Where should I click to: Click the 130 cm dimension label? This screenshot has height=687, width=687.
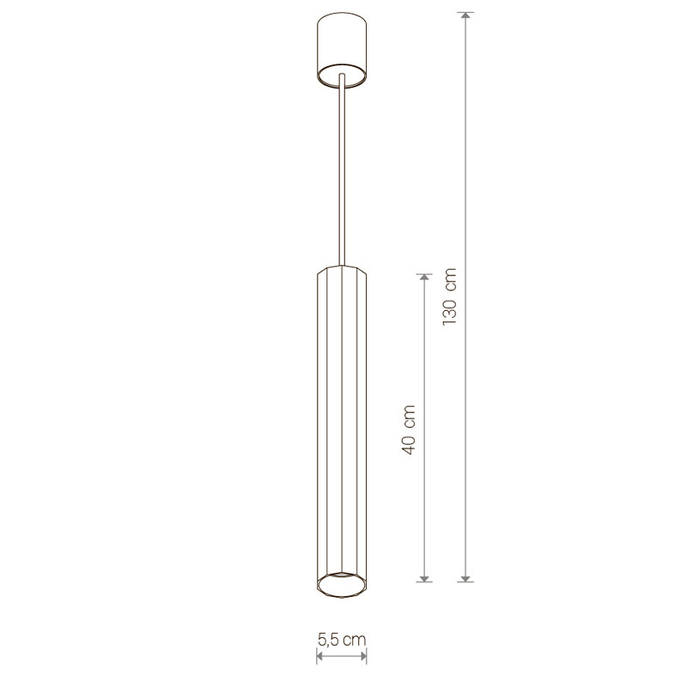(x=449, y=296)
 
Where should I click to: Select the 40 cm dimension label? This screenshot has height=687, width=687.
(x=408, y=430)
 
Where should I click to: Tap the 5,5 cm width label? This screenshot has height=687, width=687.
(x=342, y=640)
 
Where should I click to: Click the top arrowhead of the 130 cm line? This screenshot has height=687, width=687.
(x=465, y=15)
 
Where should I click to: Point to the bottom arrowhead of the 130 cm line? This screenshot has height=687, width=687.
(x=465, y=579)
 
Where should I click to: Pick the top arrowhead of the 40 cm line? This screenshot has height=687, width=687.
(x=423, y=277)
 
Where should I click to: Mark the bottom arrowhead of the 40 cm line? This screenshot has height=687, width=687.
(x=423, y=579)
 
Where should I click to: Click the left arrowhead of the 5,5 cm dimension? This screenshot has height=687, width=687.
(x=319, y=656)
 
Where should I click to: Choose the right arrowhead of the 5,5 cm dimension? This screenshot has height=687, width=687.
(x=363, y=656)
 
